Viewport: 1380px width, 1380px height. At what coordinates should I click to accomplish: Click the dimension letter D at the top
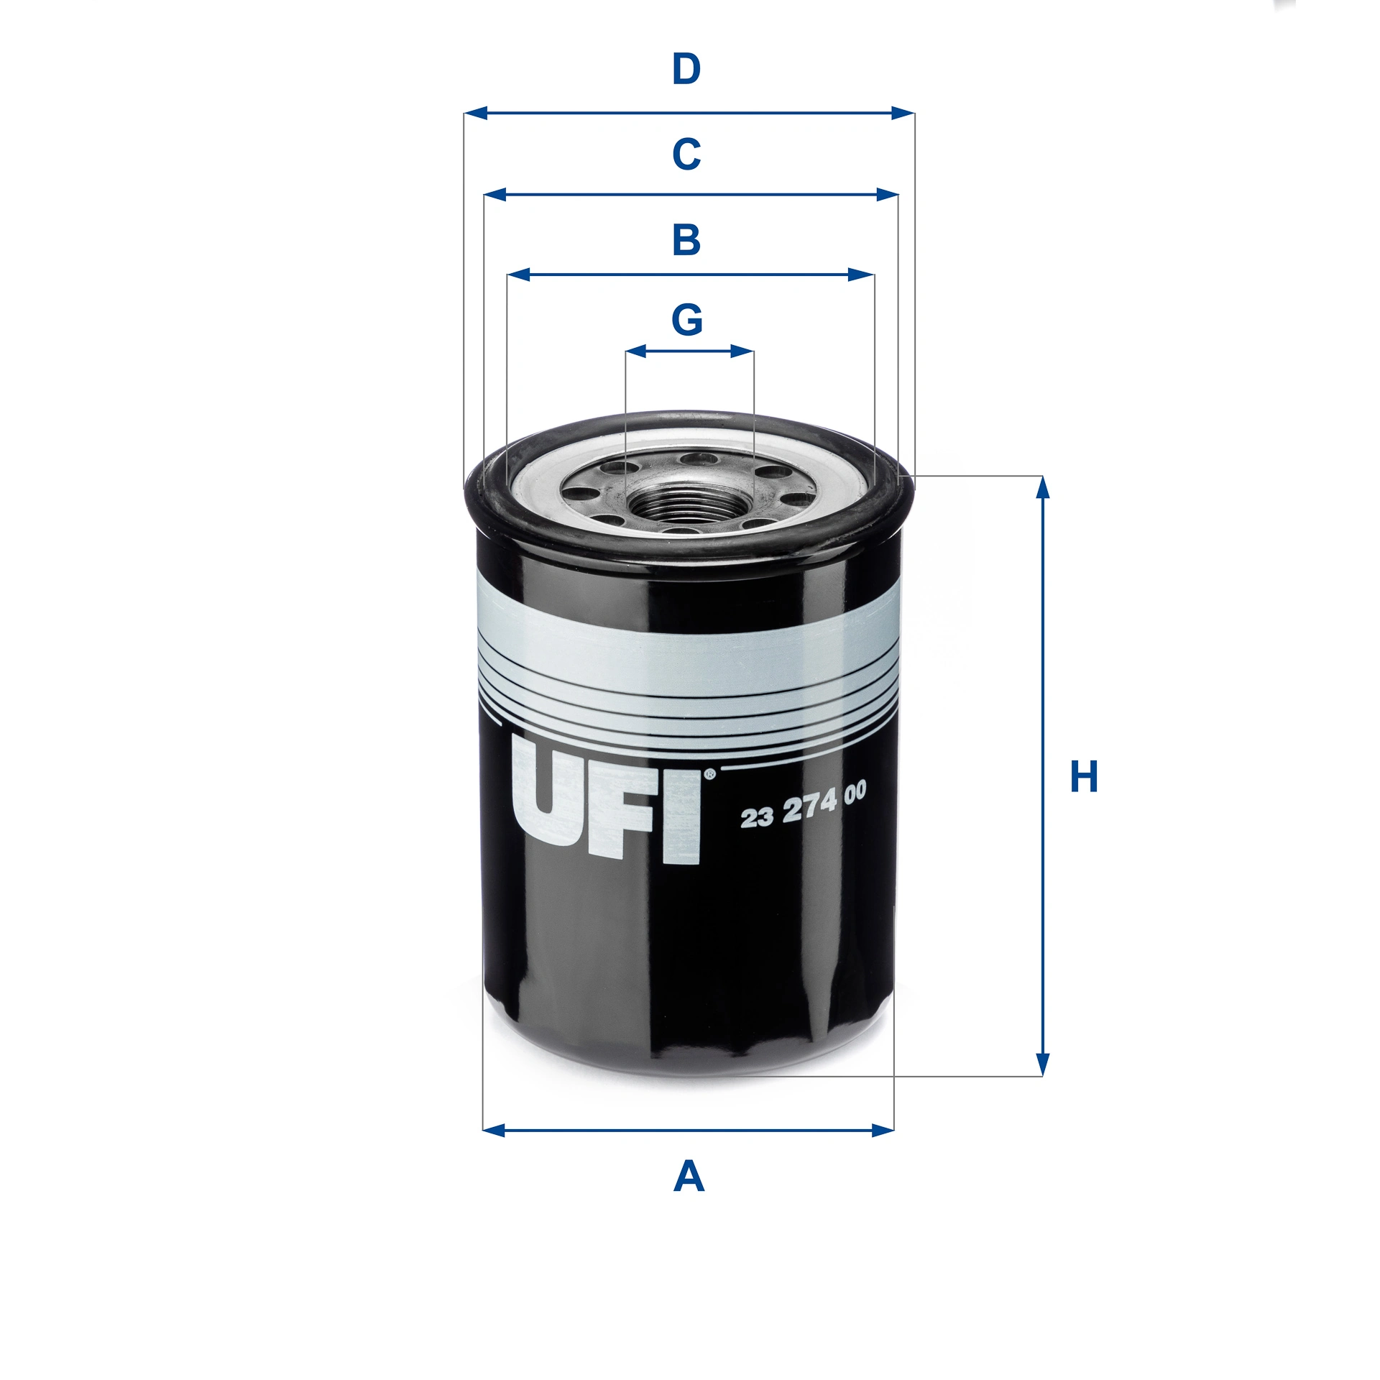(686, 70)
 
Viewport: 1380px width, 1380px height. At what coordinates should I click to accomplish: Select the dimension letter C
(686, 154)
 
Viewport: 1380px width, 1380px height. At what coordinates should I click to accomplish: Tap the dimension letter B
(686, 240)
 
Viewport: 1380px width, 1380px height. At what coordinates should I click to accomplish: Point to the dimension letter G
(686, 320)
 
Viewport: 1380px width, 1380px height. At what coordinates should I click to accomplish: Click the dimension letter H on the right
(1084, 777)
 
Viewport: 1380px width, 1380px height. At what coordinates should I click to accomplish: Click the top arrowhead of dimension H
(1043, 487)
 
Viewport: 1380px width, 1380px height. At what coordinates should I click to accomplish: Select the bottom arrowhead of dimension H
(1043, 1065)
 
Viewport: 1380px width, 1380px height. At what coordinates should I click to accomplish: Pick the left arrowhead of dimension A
(494, 1131)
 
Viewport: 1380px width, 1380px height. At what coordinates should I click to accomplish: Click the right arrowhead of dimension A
(883, 1131)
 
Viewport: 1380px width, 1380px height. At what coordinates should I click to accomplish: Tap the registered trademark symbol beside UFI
(709, 774)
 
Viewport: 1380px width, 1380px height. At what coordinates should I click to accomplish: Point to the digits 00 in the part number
(855, 793)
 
